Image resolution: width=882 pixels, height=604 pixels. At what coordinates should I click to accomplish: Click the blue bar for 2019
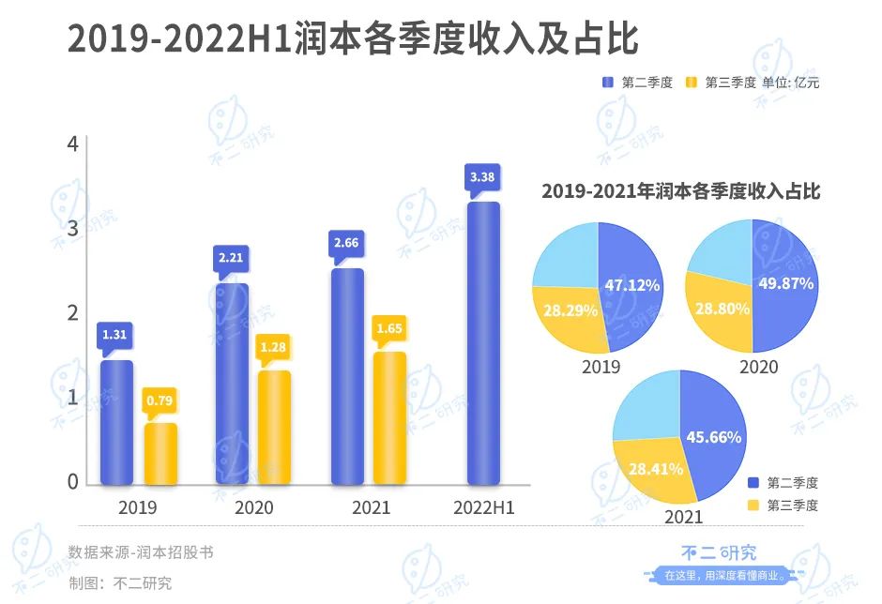pos(117,423)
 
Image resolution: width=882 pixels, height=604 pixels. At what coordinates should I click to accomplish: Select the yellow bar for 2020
pos(274,428)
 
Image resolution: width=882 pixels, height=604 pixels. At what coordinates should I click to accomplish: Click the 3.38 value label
pos(482,176)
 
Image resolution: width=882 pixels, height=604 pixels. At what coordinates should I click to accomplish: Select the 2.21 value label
pos(231,258)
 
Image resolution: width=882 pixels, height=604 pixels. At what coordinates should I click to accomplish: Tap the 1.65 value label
pos(389,328)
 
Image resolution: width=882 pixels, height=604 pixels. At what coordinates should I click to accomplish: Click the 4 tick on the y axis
pos(72,143)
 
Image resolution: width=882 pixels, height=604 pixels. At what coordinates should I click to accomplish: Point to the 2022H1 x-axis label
pos(483,507)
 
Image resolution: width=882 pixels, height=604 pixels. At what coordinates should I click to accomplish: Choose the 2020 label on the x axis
pos(253,507)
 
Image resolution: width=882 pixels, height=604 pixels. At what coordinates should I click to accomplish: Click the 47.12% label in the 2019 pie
pos(631,284)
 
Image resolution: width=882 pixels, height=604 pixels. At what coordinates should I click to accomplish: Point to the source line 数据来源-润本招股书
pos(141,552)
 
